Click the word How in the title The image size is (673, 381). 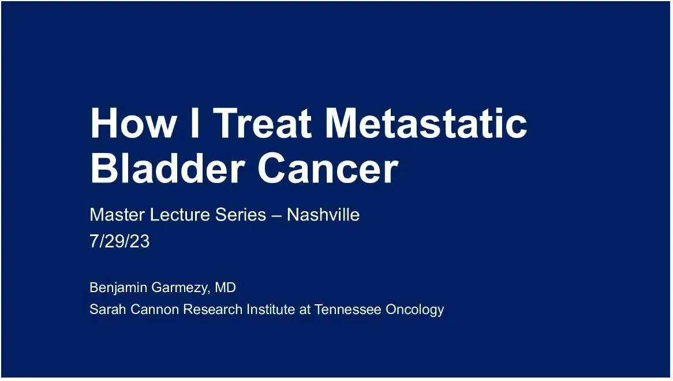pyautogui.click(x=132, y=123)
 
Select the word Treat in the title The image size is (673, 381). pyautogui.click(x=263, y=123)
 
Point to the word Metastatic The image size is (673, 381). pyautogui.click(x=425, y=123)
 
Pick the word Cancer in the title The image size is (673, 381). pyautogui.click(x=328, y=168)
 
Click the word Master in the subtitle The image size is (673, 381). pyautogui.click(x=117, y=215)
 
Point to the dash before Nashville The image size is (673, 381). pyautogui.click(x=276, y=216)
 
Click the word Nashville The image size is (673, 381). pyautogui.click(x=323, y=215)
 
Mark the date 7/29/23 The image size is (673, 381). pyautogui.click(x=119, y=241)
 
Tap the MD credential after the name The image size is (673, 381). pyautogui.click(x=225, y=287)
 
